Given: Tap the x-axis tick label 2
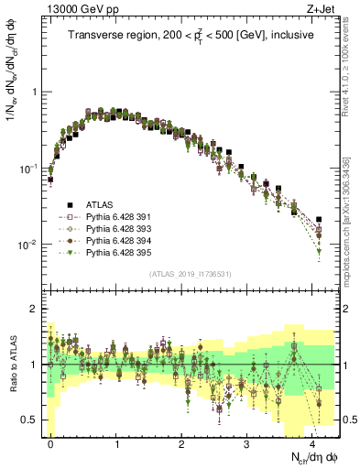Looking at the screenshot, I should point(181,442).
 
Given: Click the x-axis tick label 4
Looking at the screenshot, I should point(312,442).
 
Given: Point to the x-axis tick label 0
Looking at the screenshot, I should point(50,442).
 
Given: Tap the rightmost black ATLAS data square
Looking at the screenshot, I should point(319,220).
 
